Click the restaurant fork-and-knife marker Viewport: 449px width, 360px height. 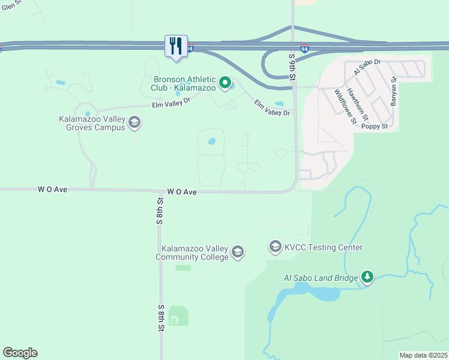(x=176, y=46)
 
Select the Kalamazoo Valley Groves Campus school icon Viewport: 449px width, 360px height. (x=134, y=123)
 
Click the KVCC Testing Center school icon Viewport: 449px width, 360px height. (x=276, y=247)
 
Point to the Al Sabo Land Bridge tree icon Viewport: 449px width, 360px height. (x=367, y=277)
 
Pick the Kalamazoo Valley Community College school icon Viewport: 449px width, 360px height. (x=238, y=252)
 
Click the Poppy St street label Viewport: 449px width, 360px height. (x=376, y=127)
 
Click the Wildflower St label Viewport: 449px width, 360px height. (x=345, y=106)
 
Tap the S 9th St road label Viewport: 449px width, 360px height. (x=292, y=67)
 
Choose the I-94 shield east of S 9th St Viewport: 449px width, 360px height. (x=305, y=49)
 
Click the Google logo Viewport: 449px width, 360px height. (x=20, y=353)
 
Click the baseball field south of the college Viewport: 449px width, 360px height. (x=178, y=316)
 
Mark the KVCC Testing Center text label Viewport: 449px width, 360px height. (x=324, y=247)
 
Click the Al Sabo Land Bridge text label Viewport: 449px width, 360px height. (x=321, y=278)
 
